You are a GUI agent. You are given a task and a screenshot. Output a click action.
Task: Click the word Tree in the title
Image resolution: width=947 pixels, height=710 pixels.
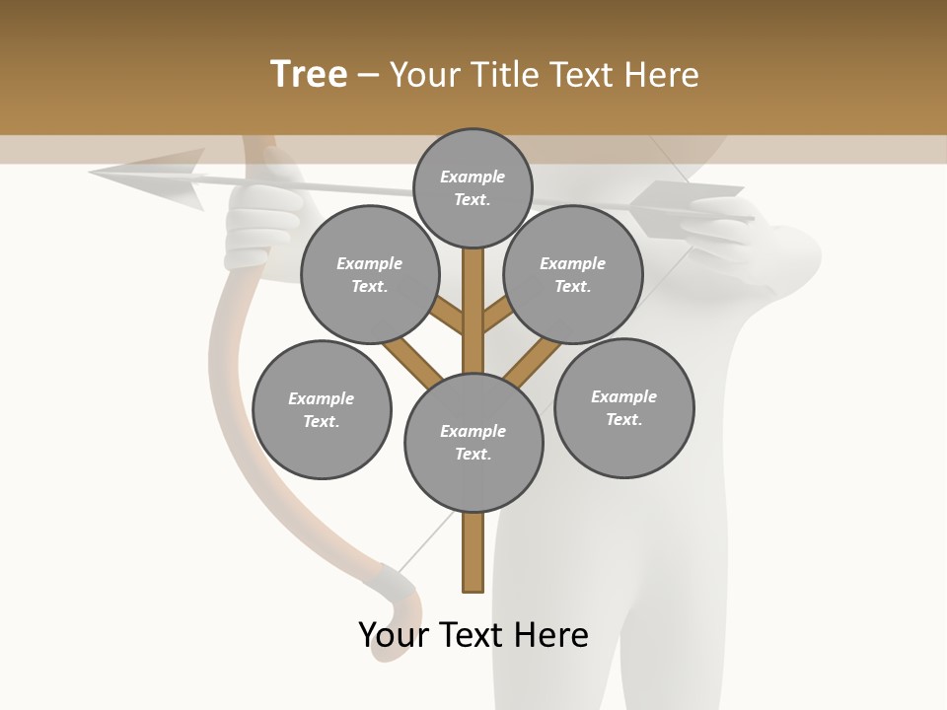[x=309, y=75]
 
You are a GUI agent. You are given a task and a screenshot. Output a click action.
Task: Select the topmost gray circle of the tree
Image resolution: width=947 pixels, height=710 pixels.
[x=473, y=187]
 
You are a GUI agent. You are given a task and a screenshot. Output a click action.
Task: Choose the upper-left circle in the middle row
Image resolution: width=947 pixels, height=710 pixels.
[x=370, y=275]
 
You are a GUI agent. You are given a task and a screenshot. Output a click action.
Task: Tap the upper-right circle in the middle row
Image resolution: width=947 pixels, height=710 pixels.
[x=573, y=275]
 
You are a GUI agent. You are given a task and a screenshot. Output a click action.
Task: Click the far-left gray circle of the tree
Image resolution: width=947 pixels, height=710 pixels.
[x=322, y=409]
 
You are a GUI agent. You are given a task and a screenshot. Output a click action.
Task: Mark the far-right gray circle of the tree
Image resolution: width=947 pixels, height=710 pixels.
[x=623, y=408]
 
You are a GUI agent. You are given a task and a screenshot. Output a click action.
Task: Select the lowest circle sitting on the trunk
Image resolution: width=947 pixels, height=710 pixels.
[x=473, y=443]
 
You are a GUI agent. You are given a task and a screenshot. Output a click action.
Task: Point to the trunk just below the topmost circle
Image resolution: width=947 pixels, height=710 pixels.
[x=473, y=286]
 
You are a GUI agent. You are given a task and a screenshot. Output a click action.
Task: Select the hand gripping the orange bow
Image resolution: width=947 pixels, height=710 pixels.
[x=261, y=222]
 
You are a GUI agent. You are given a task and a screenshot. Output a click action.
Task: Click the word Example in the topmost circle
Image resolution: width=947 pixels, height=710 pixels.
[x=473, y=177]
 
